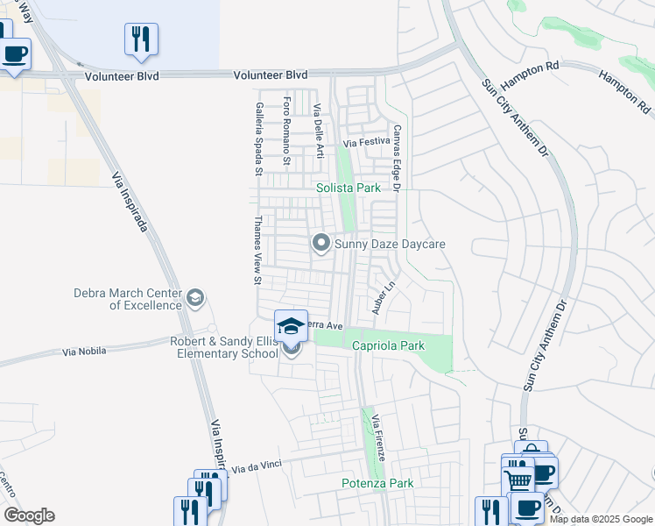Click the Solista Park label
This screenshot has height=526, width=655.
click(349, 188)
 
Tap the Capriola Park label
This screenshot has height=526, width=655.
click(388, 346)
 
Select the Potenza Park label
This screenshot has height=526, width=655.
click(377, 483)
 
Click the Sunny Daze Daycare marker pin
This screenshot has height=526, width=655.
click(321, 243)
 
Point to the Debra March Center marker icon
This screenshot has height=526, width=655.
click(195, 299)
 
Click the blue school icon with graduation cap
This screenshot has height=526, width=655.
click(292, 327)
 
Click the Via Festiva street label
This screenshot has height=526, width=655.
click(366, 141)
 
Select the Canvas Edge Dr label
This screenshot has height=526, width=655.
click(396, 158)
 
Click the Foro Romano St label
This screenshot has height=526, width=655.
click(286, 132)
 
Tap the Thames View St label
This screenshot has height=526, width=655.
click(257, 250)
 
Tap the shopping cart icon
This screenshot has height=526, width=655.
click(518, 480)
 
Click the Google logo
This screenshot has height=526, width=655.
click(29, 515)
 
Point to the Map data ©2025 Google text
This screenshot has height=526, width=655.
click(601, 519)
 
